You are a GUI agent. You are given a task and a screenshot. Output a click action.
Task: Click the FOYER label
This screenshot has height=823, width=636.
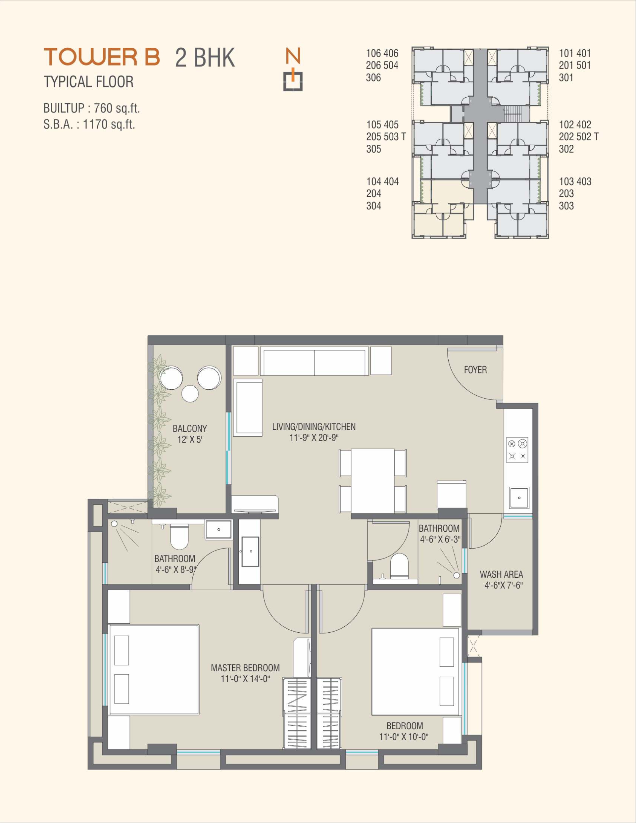(475, 370)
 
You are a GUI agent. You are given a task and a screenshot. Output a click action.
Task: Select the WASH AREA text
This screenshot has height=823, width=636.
(501, 574)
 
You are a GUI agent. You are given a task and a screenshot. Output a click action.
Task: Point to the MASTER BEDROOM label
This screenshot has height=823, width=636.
(245, 668)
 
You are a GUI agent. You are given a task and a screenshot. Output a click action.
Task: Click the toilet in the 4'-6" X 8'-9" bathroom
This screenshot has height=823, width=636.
(179, 538)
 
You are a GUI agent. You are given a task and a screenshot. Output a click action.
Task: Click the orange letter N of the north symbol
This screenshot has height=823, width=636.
(293, 56)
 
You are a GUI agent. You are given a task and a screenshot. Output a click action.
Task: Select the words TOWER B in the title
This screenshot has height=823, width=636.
(102, 57)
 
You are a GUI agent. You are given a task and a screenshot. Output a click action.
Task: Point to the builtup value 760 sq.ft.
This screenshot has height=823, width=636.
(117, 109)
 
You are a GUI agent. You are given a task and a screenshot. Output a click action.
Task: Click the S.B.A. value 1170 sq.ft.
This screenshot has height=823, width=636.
(109, 124)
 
